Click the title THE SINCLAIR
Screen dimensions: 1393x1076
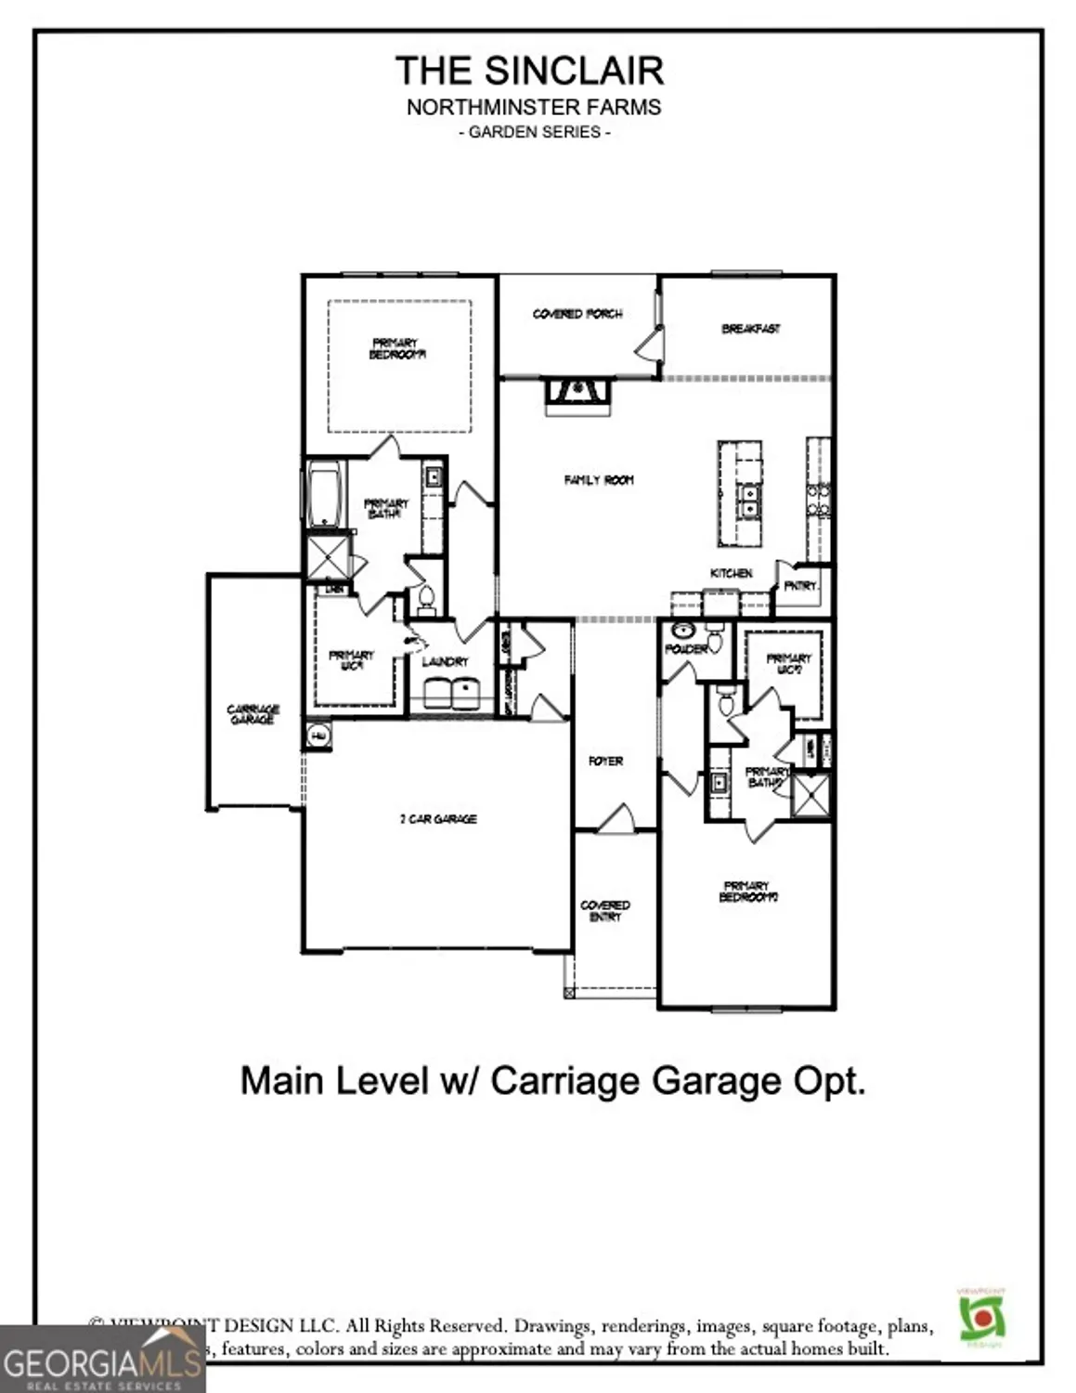tap(529, 71)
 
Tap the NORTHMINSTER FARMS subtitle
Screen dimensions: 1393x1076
tap(534, 107)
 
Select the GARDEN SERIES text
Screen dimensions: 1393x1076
tap(534, 132)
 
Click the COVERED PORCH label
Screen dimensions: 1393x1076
tap(577, 314)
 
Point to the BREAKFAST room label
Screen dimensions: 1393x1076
tap(751, 329)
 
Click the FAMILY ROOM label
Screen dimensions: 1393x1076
tap(599, 480)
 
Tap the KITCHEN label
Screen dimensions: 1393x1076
tap(731, 573)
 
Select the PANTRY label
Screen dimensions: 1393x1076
tap(800, 586)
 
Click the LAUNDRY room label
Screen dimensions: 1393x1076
tap(445, 661)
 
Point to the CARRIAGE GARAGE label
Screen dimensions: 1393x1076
tap(253, 714)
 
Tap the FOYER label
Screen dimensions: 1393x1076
tap(605, 761)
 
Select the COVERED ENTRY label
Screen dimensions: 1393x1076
tap(605, 911)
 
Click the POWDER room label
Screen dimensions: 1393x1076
tap(686, 648)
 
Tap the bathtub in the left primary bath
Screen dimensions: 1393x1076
tap(325, 494)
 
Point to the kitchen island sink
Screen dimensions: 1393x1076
tap(746, 500)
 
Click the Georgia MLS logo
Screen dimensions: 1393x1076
tap(102, 1360)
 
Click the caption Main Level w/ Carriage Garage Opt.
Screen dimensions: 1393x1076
tap(552, 1081)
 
